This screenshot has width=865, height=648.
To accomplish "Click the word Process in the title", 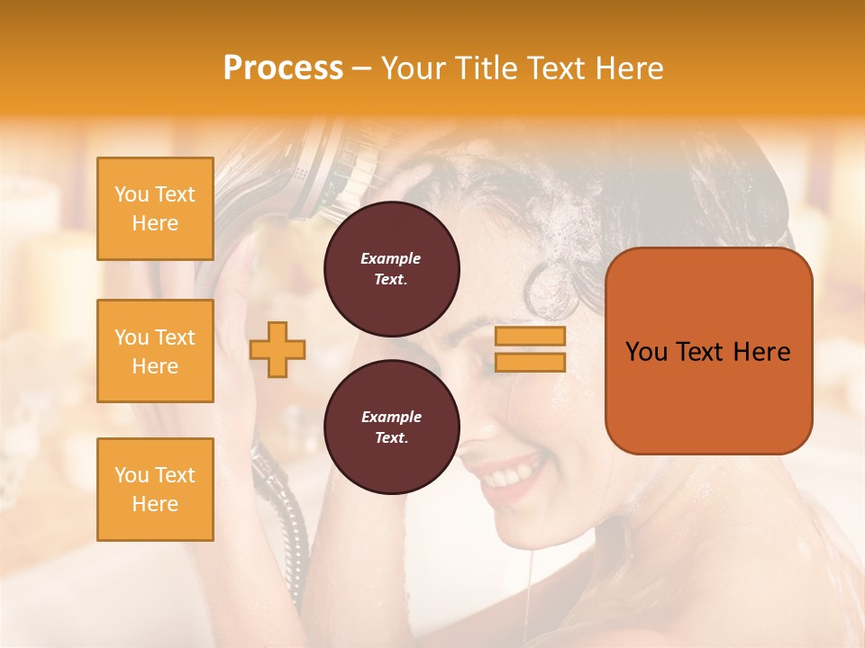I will (283, 67).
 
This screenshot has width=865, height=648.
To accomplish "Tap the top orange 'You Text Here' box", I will (155, 209).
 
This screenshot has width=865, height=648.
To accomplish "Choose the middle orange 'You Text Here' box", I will (155, 351).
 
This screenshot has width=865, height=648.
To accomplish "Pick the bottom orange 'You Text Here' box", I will (155, 490).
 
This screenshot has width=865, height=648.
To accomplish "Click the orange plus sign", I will (277, 349).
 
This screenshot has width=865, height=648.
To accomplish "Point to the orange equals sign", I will (530, 349).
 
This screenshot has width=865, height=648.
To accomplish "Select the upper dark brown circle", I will (391, 269).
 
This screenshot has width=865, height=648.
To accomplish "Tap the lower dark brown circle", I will (391, 427).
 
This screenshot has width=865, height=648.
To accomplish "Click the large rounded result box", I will (708, 351).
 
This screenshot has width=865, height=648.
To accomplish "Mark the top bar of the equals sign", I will (530, 337).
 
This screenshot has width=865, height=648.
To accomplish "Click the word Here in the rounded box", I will (761, 352).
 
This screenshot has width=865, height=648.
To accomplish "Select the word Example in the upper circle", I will (391, 258).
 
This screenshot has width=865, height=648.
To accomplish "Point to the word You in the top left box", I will (132, 194).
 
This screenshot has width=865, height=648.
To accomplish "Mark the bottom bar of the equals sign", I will (530, 362).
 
